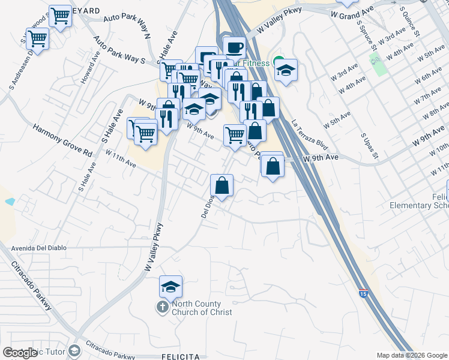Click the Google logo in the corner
click(x=19, y=353)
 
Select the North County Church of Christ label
click(x=202, y=308)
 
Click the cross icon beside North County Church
click(x=162, y=308)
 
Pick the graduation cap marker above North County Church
click(x=170, y=287)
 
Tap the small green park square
click(x=376, y=60)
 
